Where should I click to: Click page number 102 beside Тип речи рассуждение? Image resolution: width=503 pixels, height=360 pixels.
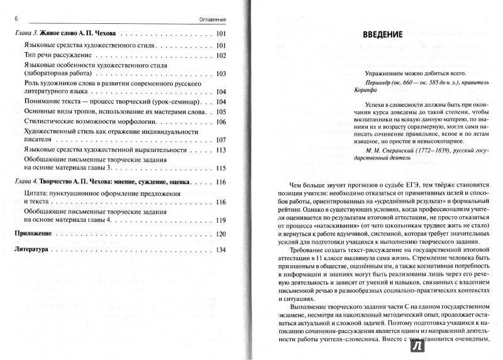219,56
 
